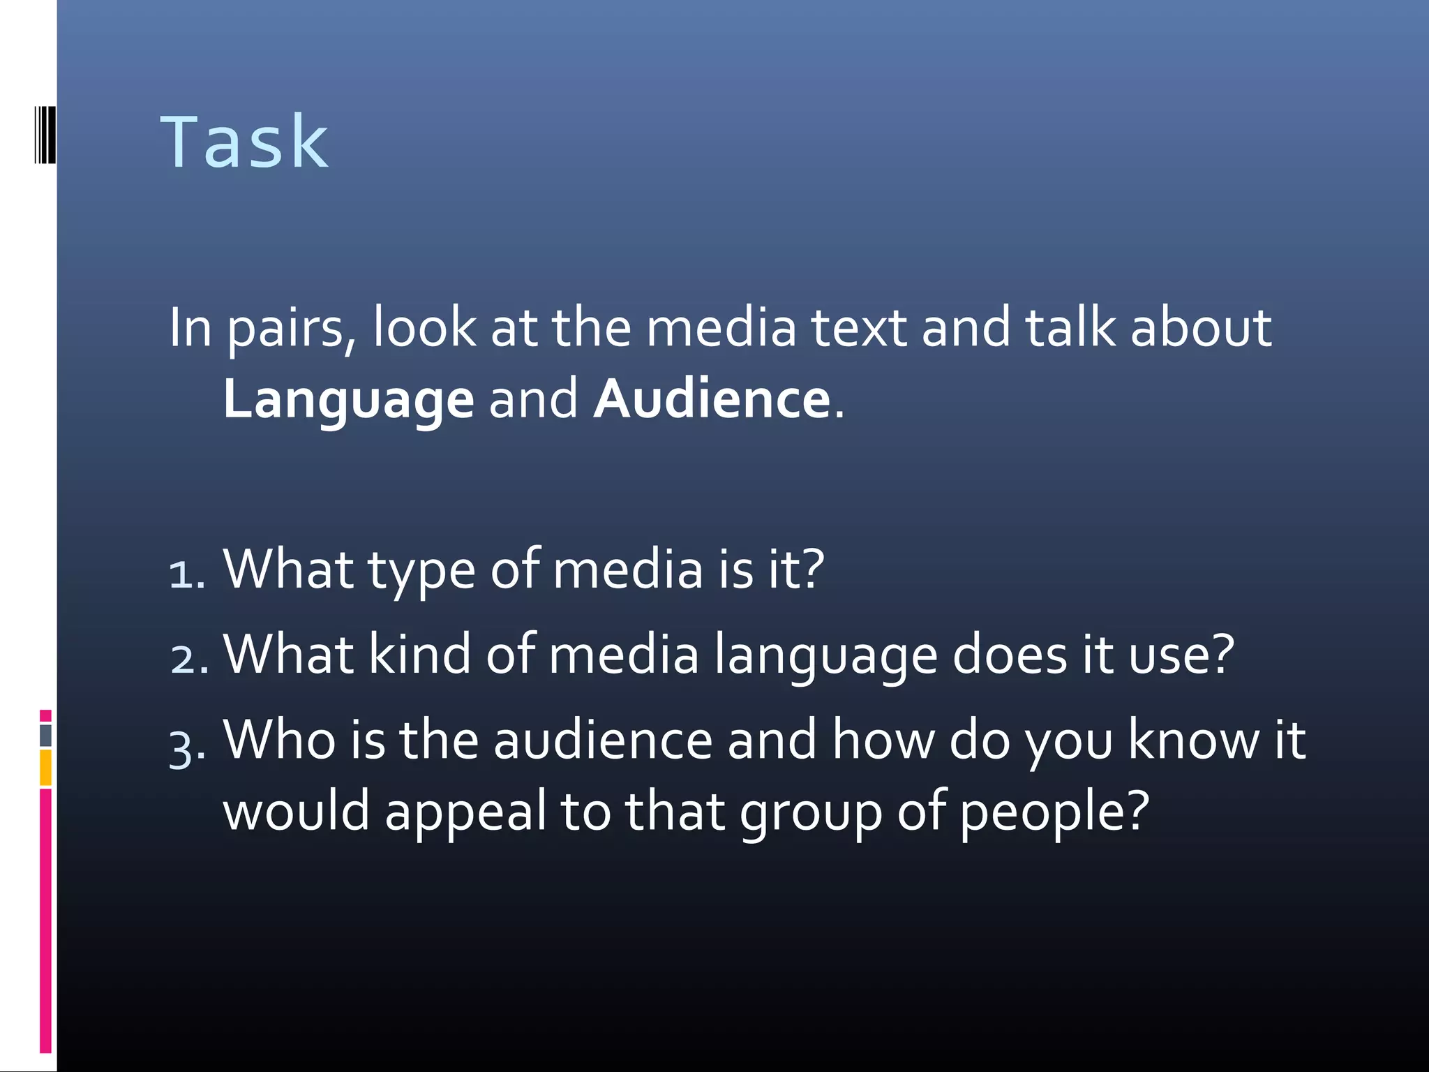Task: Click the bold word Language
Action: tap(348, 400)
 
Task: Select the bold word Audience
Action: tap(712, 400)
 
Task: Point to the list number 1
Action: tap(186, 574)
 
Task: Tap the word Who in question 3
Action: tap(279, 740)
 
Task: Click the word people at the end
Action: tap(1054, 813)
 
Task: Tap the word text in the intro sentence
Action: tap(858, 328)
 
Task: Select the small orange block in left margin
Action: tap(45, 767)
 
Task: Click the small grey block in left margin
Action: tap(45, 735)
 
